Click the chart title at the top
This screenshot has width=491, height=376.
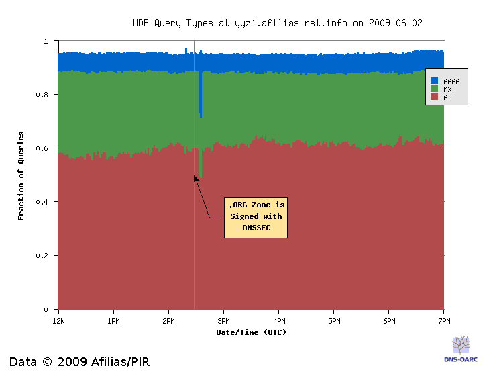click(x=277, y=23)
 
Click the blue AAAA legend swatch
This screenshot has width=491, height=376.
click(x=434, y=81)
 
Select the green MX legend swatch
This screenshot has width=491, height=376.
click(x=434, y=89)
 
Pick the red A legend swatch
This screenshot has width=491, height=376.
click(x=434, y=97)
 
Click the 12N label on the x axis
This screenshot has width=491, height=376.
click(x=58, y=321)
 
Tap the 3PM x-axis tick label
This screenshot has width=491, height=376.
click(x=224, y=321)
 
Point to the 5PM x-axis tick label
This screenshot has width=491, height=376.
click(x=334, y=321)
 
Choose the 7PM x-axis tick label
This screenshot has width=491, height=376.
click(x=444, y=321)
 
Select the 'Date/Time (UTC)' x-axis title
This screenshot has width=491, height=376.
click(x=251, y=332)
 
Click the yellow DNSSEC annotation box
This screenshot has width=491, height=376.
click(x=256, y=218)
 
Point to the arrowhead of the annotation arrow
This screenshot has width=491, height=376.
click(x=195, y=177)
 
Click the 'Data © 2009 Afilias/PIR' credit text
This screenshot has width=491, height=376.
click(x=79, y=362)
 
